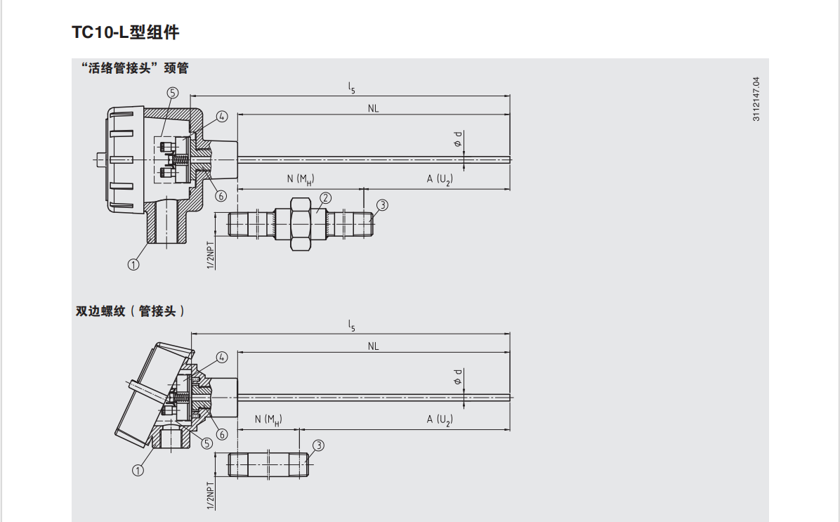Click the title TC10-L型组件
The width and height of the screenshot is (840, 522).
point(125,32)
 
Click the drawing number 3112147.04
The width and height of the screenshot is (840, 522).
point(756,99)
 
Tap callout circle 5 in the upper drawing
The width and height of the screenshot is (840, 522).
point(173,93)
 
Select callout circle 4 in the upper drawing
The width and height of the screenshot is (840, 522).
point(222,117)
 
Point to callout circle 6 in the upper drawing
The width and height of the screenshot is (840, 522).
point(221,196)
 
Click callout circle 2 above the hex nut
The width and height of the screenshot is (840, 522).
point(325,198)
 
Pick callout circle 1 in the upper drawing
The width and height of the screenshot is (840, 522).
point(133,264)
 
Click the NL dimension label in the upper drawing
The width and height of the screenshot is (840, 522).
point(374,109)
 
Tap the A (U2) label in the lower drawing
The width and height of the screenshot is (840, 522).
point(440,419)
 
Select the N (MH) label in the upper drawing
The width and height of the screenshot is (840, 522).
point(301,180)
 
